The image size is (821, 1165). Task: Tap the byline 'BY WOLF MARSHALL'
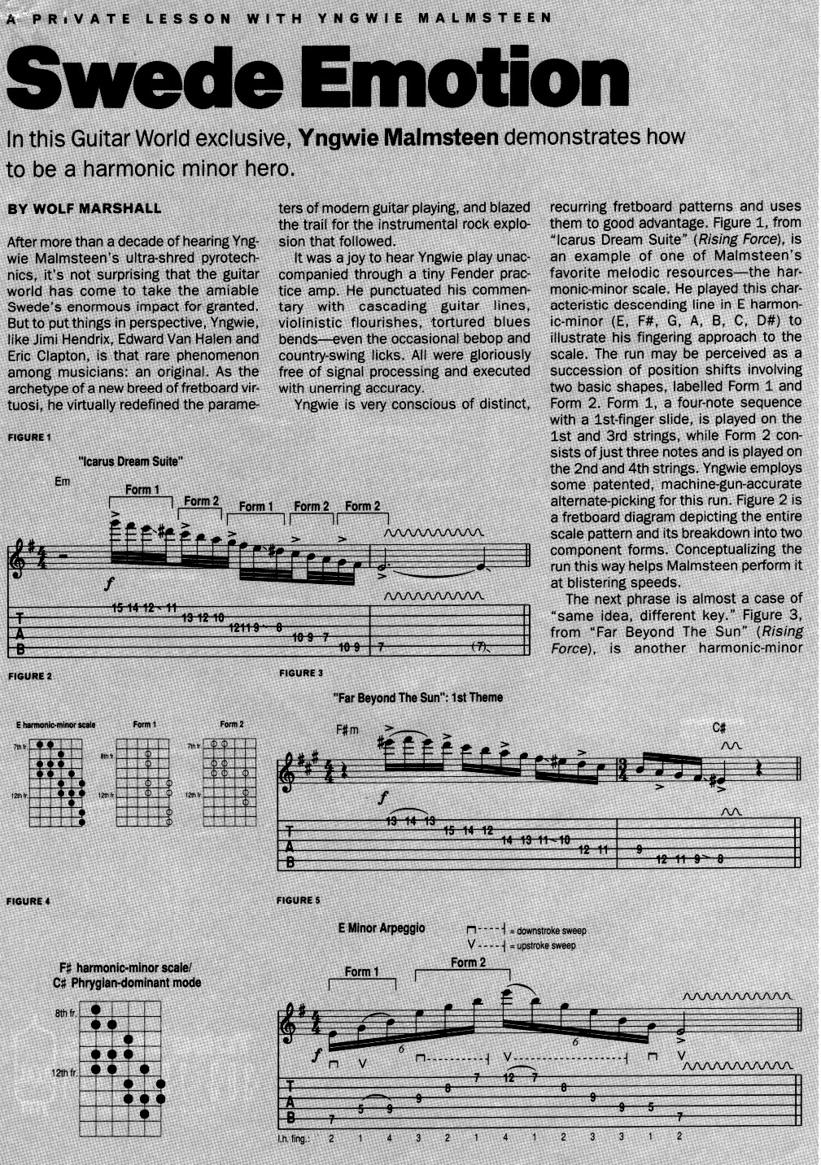click(x=84, y=209)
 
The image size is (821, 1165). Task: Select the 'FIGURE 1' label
click(x=29, y=438)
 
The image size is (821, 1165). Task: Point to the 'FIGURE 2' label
click(x=29, y=676)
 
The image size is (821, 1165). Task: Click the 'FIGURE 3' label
click(x=301, y=673)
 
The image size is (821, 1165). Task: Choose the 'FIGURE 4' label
click(x=28, y=901)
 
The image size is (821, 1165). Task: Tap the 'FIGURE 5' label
click(x=299, y=900)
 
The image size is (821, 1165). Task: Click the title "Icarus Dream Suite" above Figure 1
click(x=130, y=461)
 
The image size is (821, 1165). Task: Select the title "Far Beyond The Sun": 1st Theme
click(x=417, y=698)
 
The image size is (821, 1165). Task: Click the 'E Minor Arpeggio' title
click(x=382, y=928)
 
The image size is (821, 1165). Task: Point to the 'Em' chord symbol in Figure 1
click(x=63, y=482)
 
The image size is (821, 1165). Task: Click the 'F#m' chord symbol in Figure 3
click(x=347, y=730)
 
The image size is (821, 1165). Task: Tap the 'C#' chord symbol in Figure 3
click(x=719, y=727)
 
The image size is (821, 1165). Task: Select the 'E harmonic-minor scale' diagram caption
click(x=55, y=725)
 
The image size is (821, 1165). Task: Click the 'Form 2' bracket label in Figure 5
click(x=468, y=962)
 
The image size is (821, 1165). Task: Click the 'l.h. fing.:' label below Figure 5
click(x=295, y=1138)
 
